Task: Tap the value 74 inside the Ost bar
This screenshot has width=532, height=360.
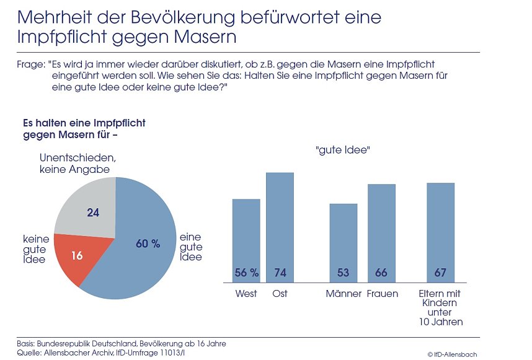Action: tap(280, 273)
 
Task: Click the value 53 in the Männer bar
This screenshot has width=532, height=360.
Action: tap(343, 273)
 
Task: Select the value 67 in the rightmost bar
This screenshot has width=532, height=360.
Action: tap(441, 273)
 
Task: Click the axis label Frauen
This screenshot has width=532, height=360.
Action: tap(382, 294)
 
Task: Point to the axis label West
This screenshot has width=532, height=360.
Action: tap(246, 294)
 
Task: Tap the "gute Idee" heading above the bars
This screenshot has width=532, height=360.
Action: tap(343, 150)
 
